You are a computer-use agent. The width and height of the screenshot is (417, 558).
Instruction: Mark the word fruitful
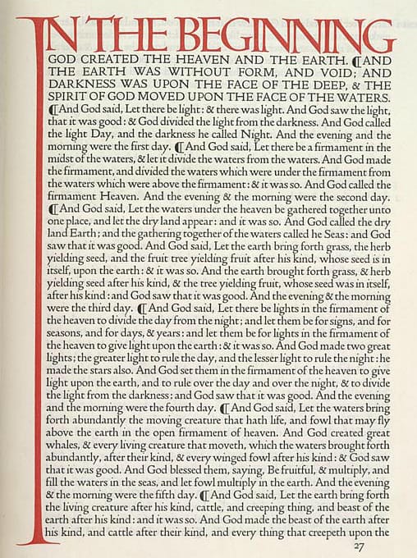285,495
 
